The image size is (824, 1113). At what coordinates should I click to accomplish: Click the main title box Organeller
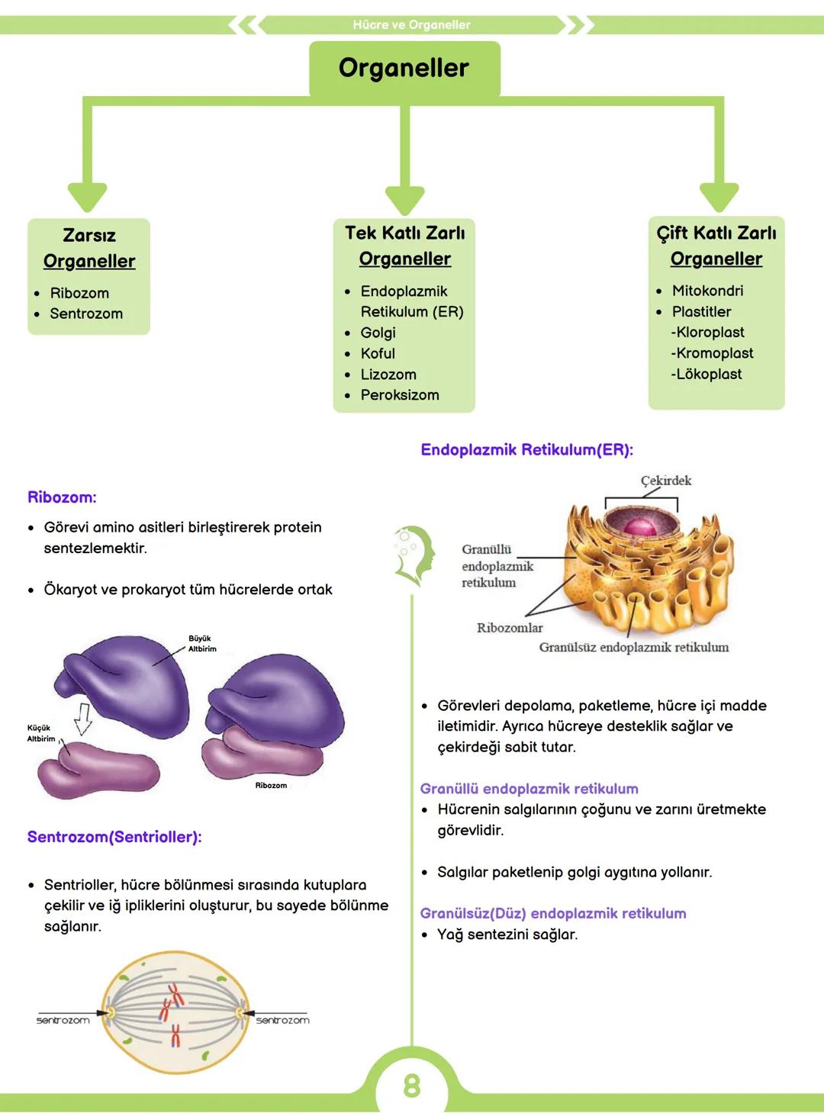coord(404,68)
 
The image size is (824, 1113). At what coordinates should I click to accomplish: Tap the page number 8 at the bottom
coord(411,1086)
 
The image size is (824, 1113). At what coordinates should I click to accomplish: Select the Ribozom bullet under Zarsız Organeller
coord(79,293)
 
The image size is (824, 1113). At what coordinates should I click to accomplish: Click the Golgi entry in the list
coord(378,333)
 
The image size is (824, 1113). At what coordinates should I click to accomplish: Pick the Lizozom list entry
coord(388,375)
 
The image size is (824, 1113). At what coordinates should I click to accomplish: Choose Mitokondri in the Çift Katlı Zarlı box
coord(707,291)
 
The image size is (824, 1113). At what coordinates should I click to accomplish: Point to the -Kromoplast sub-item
coord(712,353)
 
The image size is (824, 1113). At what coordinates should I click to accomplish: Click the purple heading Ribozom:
coord(62,497)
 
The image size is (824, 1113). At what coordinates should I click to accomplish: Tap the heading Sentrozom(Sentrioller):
coord(114,837)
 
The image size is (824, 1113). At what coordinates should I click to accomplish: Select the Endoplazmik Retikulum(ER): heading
coord(526,449)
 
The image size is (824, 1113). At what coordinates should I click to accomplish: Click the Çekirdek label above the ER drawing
coord(665,481)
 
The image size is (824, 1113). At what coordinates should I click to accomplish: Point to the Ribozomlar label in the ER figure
coord(510,628)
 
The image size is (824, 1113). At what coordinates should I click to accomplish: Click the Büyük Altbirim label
coord(201,644)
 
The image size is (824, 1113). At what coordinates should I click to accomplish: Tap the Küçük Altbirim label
coord(40,733)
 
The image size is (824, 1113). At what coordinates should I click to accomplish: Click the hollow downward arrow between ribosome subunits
coord(83,718)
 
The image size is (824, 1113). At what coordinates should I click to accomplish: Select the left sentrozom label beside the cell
coord(63,1020)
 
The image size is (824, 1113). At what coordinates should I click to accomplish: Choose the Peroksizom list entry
coord(400,395)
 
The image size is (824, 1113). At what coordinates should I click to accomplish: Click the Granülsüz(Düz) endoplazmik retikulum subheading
coord(553,913)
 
